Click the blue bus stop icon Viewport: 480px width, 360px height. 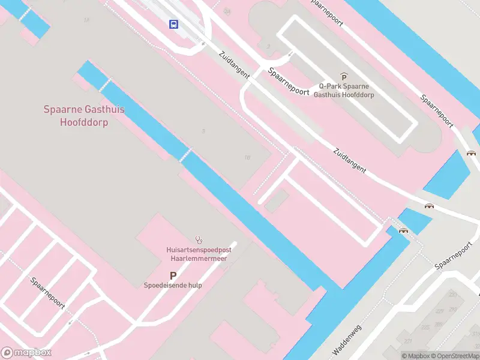tap(173, 25)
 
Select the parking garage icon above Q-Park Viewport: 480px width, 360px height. tap(344, 76)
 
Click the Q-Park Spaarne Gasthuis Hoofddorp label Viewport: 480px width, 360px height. tap(344, 90)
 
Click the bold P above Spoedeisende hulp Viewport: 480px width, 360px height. tap(173, 275)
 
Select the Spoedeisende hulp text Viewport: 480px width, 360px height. tap(173, 286)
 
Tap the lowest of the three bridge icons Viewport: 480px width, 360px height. tap(403, 230)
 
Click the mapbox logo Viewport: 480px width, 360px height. tap(26, 353)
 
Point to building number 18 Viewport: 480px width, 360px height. tap(247, 158)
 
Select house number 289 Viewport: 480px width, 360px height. tap(452, 295)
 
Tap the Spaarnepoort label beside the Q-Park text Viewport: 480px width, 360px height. tap(289, 83)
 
